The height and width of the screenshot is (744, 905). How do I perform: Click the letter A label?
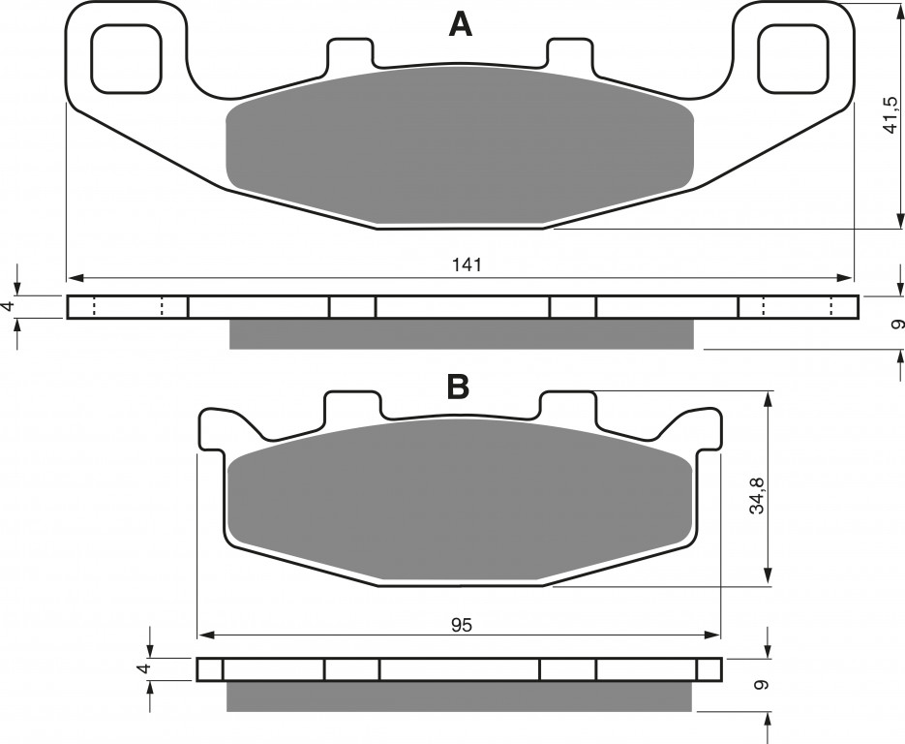click(x=460, y=25)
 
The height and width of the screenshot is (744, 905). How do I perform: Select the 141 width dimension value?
click(x=466, y=265)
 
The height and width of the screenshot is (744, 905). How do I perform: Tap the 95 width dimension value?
click(x=463, y=625)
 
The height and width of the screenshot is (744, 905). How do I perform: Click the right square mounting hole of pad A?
click(x=795, y=58)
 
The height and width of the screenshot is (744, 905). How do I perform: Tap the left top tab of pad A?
click(x=351, y=52)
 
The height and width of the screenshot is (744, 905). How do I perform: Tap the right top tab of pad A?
click(x=570, y=52)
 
